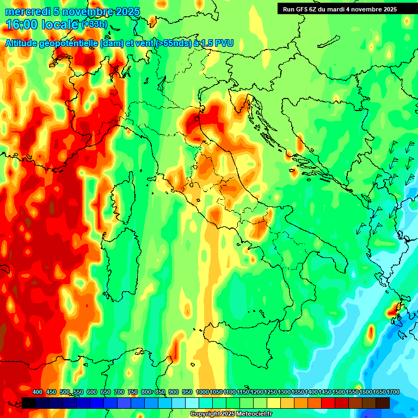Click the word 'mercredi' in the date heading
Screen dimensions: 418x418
tap(27, 12)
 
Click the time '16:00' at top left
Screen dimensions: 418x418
tap(22, 25)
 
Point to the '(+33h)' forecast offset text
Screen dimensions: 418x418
tap(94, 24)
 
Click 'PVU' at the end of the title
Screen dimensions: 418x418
tap(224, 43)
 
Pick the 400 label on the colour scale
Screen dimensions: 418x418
tap(38, 392)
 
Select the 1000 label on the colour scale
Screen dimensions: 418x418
tap(202, 392)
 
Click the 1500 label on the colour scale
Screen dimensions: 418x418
tap(325, 392)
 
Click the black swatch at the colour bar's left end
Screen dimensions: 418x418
tap(29, 403)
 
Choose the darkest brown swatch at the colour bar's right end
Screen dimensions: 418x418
tap(383, 403)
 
